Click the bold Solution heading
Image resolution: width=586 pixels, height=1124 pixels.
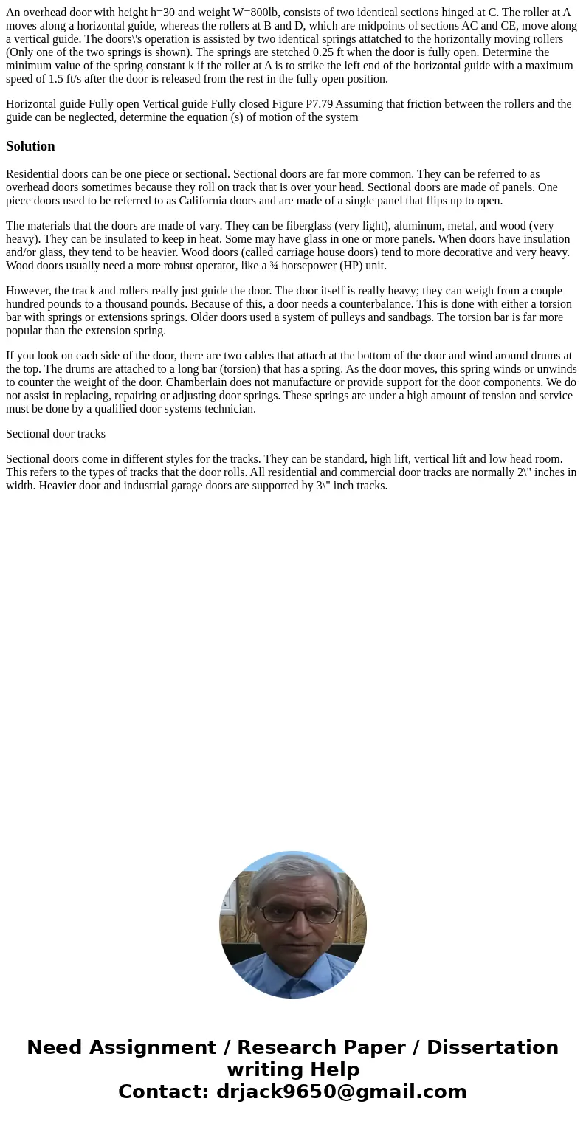point(30,146)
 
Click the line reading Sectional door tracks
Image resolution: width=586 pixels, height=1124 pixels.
point(55,434)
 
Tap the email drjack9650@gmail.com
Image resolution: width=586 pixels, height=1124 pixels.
point(341,1092)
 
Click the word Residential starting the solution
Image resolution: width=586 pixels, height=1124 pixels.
point(35,174)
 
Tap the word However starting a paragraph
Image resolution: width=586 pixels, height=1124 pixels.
point(28,291)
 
